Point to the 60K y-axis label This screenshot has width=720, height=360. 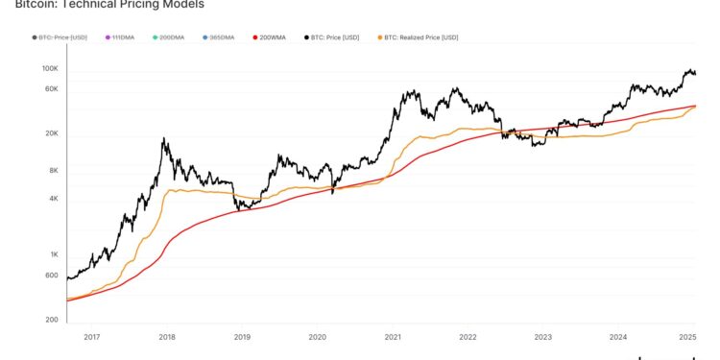(52, 88)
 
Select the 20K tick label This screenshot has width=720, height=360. (52, 133)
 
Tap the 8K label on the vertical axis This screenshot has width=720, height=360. (54, 171)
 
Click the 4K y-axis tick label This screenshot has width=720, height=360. (54, 199)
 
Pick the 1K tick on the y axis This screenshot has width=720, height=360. (54, 254)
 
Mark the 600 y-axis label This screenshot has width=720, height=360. (53, 276)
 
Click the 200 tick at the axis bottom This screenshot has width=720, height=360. (53, 319)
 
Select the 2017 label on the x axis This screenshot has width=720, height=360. (91, 337)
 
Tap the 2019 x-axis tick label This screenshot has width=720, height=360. (242, 337)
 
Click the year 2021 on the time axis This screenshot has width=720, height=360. (392, 337)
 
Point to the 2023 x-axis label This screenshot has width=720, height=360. (542, 337)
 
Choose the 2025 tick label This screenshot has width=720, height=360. (687, 337)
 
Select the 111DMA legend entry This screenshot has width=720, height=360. (123, 37)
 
